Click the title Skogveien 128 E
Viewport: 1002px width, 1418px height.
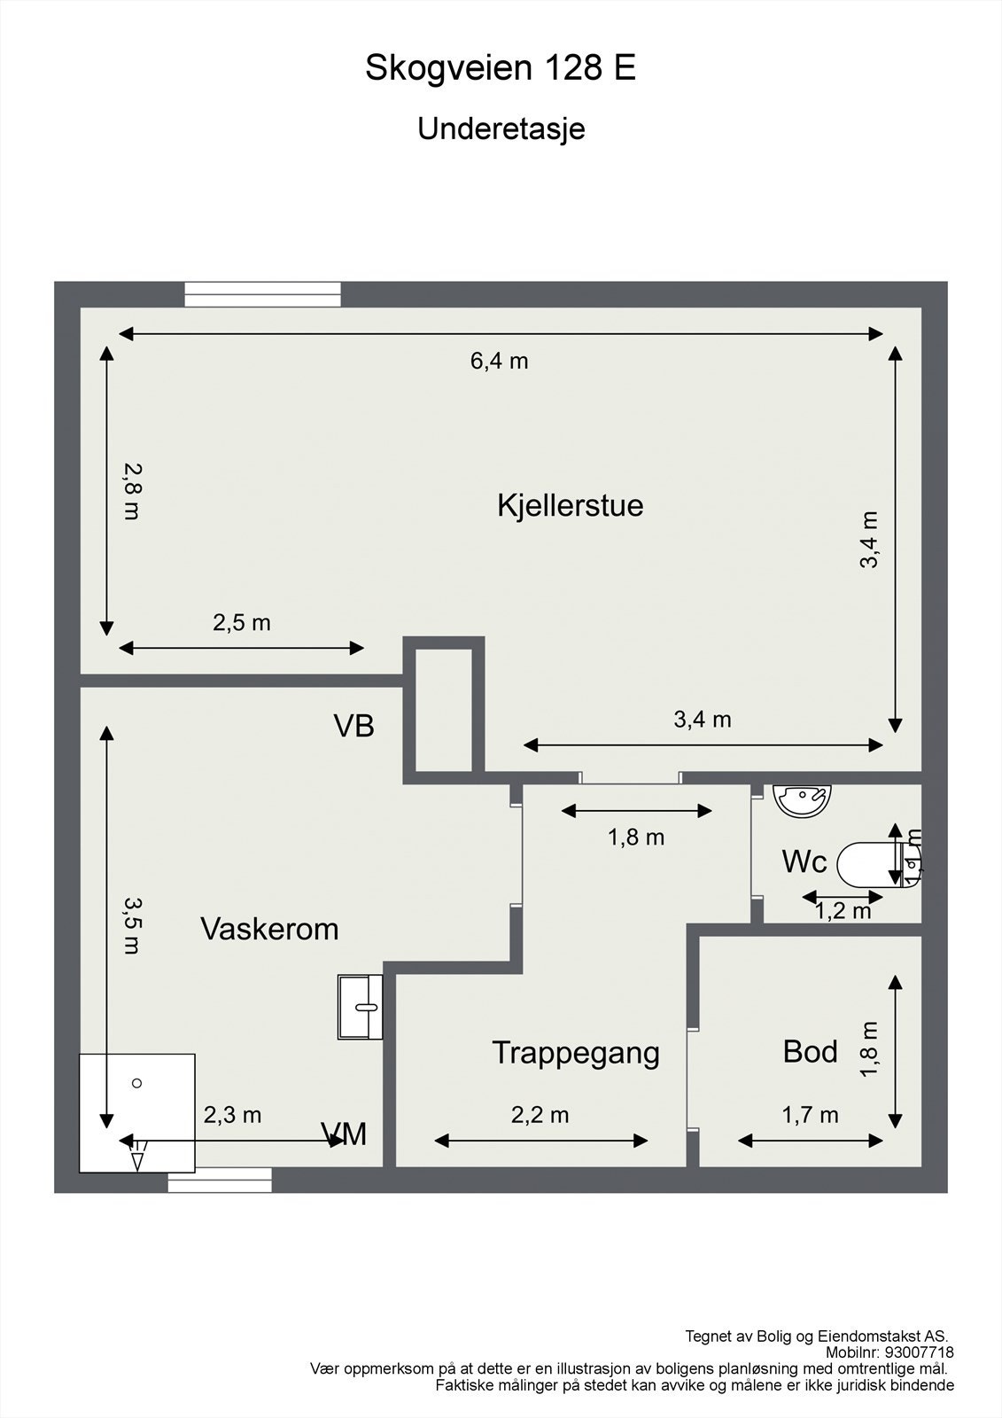501,68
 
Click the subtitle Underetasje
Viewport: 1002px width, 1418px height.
501,129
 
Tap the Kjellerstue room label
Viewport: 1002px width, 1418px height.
570,506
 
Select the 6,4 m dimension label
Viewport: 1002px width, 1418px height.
499,361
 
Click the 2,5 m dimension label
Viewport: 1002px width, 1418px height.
241,623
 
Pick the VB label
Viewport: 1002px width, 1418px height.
353,727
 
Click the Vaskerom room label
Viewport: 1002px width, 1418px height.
269,929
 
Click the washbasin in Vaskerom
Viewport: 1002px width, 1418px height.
360,1006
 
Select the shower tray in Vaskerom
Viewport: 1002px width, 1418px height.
137,1112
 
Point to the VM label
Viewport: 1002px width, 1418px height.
345,1134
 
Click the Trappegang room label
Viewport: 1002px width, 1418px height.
576,1053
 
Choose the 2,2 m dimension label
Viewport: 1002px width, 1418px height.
540,1115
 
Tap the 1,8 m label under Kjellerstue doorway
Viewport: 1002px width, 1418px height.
635,837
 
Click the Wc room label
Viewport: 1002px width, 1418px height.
804,861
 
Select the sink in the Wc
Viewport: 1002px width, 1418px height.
803,799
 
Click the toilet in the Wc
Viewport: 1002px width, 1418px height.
868,864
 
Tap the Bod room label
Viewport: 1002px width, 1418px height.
810,1052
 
